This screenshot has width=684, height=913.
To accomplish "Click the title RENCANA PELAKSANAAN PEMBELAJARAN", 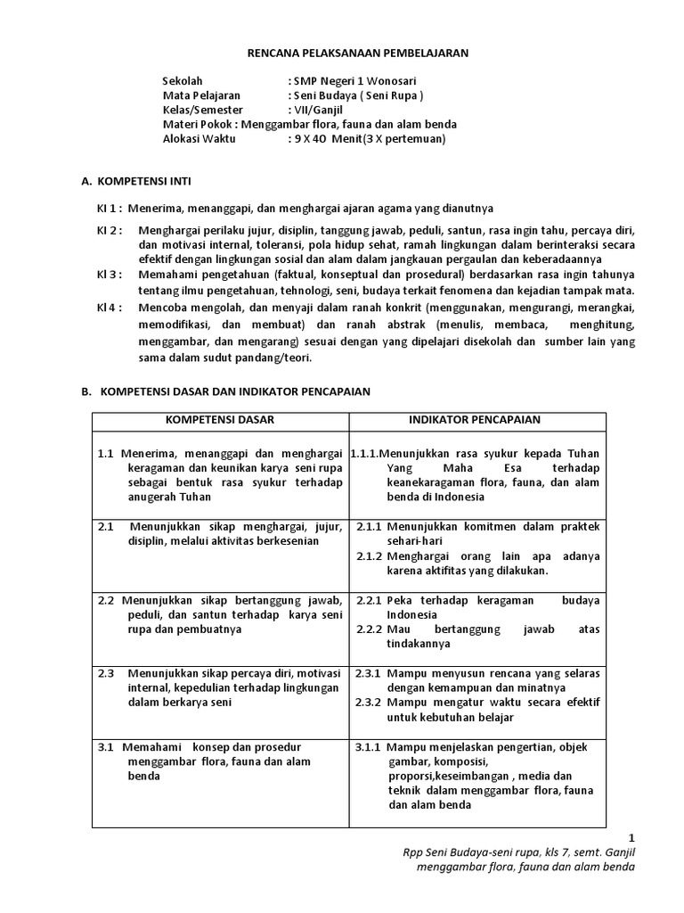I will point(357,53).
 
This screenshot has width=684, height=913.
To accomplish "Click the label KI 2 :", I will point(110,231).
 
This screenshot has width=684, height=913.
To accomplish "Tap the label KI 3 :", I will point(110,275).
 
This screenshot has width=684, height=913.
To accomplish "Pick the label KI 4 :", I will point(110,307).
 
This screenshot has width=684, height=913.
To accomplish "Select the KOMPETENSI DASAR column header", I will point(220,420).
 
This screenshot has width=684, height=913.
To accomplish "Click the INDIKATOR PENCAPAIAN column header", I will point(475,420).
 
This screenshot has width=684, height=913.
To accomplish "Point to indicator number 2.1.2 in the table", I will point(369,555).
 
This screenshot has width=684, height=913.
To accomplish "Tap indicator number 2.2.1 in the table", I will point(369,601).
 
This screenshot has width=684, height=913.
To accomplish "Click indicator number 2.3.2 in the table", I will point(369,703).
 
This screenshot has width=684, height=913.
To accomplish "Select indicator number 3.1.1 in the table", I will point(369,746).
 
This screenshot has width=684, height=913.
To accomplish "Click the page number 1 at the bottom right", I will point(632,837).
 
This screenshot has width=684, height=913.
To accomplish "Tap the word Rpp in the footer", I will point(415,852).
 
